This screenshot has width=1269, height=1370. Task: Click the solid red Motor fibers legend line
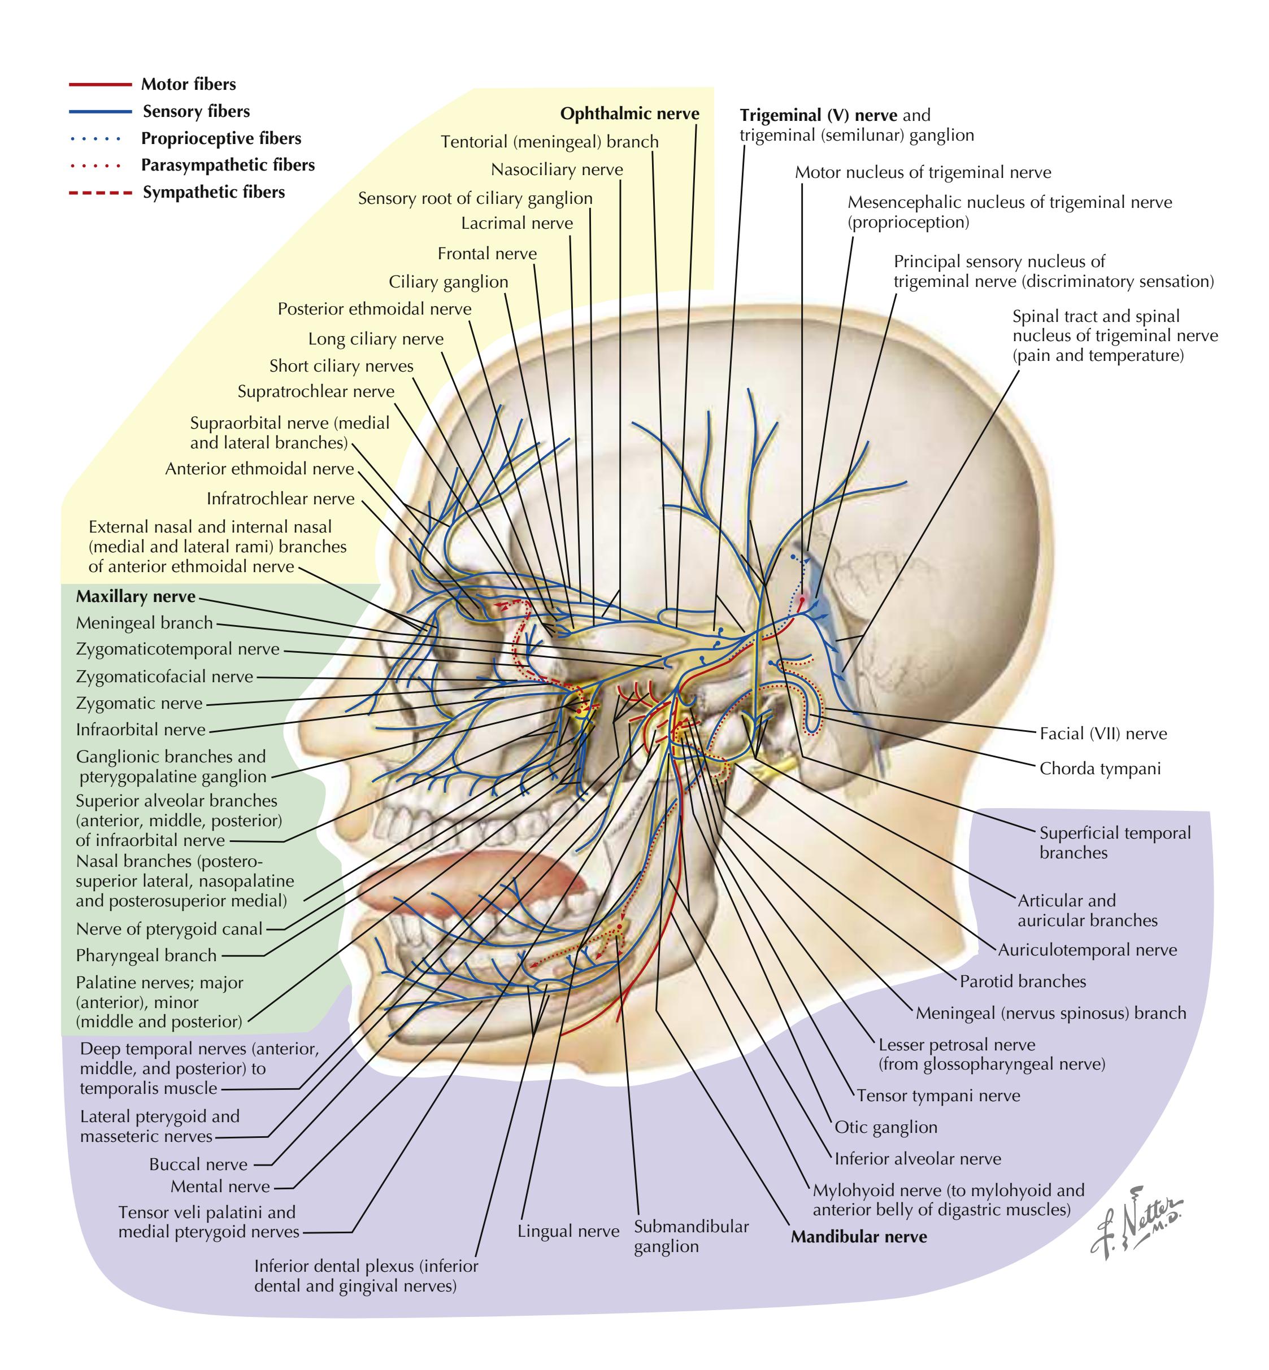coord(99,84)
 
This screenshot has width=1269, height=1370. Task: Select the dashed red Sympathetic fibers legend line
coord(99,193)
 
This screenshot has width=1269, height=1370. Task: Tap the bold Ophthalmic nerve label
coord(629,114)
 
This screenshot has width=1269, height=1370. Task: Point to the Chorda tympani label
coord(1099,769)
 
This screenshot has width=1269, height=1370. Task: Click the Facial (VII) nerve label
coord(1103,734)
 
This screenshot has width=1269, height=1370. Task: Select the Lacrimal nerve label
coord(516,224)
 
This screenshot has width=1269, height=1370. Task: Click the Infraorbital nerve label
coord(140,730)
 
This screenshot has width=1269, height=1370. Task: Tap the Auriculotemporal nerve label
coord(1087,950)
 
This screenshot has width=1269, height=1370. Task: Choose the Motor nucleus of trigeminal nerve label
coord(922,172)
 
